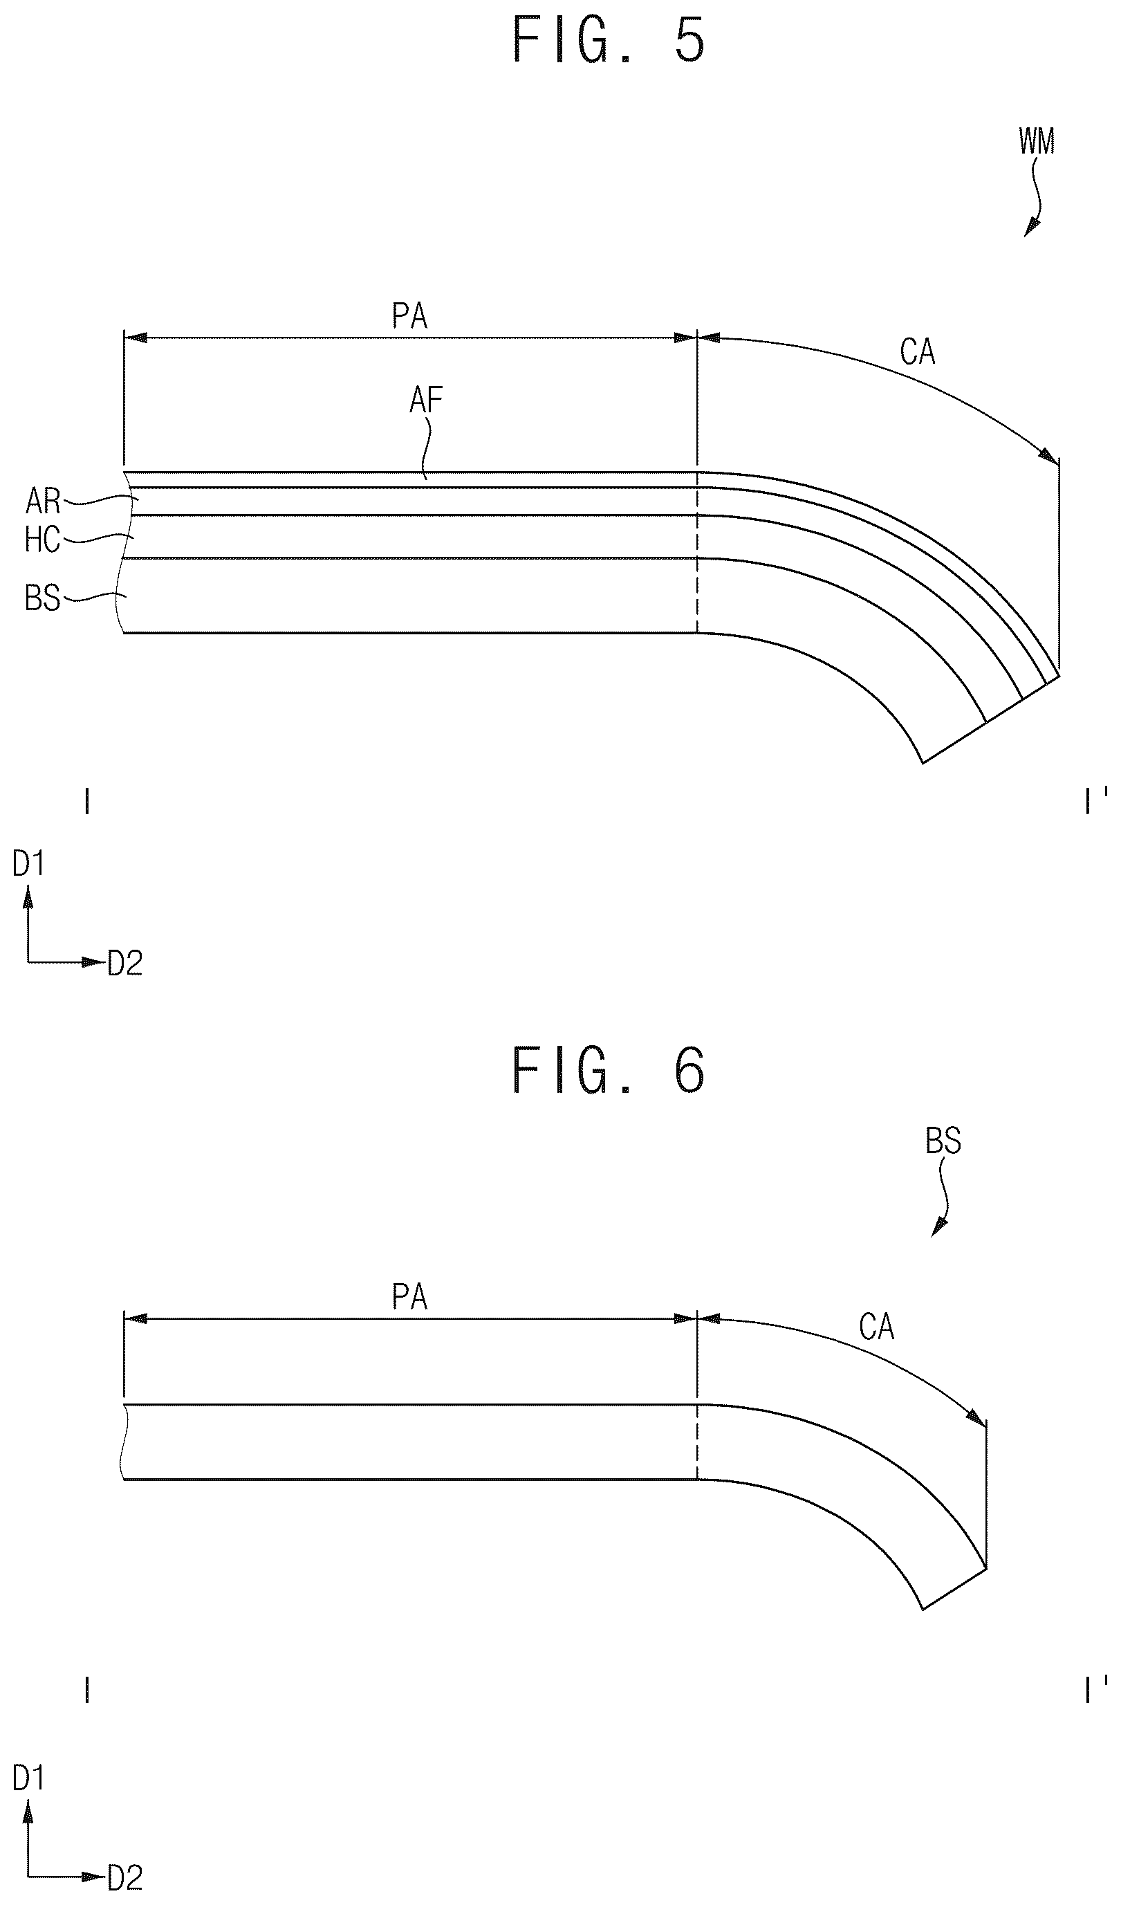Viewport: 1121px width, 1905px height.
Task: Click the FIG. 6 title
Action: pos(609,1070)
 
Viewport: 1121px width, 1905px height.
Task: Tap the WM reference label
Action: pos(1037,141)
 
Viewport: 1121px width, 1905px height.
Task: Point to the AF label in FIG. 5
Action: pos(425,399)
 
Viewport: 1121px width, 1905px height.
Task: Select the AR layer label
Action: pos(42,500)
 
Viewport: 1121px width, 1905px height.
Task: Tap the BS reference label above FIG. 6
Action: pos(943,1141)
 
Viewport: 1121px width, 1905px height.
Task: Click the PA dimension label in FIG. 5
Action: pos(409,316)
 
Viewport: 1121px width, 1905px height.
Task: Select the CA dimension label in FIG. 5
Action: pos(918,351)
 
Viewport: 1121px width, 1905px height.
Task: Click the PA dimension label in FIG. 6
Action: pos(409,1297)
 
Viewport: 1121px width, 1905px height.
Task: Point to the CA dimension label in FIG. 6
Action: pos(877,1327)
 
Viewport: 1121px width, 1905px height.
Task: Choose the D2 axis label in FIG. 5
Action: pos(124,963)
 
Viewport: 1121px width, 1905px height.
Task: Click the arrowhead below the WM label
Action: pos(1030,228)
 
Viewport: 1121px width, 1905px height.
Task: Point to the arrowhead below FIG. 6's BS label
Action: pos(936,1228)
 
